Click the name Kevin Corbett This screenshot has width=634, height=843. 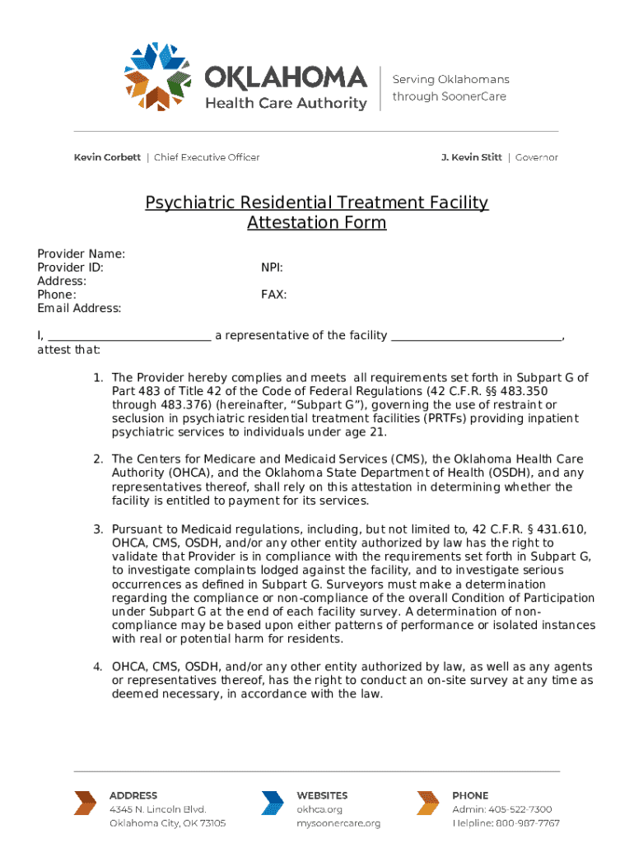tap(107, 157)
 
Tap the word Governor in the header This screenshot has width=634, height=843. tap(536, 157)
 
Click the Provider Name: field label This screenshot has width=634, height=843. tap(82, 254)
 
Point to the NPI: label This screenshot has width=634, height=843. tap(273, 268)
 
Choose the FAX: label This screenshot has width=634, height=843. tap(274, 295)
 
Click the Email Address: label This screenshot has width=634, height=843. tap(79, 308)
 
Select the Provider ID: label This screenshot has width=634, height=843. tap(71, 268)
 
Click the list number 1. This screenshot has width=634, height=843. tap(97, 377)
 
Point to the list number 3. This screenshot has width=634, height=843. tap(97, 529)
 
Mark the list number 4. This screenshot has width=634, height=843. tap(97, 666)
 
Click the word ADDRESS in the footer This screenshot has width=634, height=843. tap(133, 795)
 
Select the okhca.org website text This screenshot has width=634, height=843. tap(319, 809)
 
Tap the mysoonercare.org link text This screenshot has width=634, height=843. tap(338, 823)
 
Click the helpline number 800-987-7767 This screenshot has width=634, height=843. tap(529, 823)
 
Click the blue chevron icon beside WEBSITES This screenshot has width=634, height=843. tap(273, 803)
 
